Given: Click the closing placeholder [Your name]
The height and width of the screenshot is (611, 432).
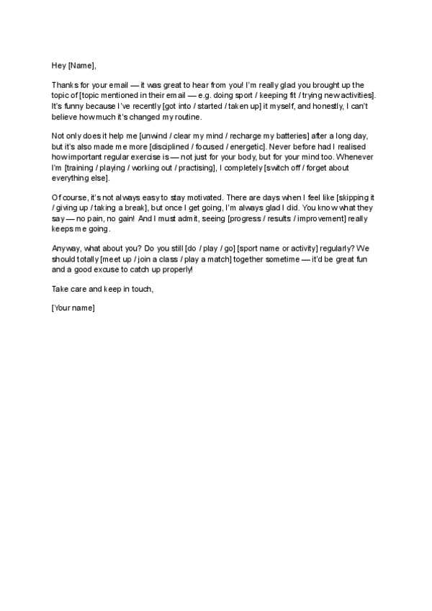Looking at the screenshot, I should (73, 308).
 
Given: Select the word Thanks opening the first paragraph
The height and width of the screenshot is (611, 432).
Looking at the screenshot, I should (65, 85).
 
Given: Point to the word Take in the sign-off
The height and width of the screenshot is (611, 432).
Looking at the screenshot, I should (60, 289).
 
